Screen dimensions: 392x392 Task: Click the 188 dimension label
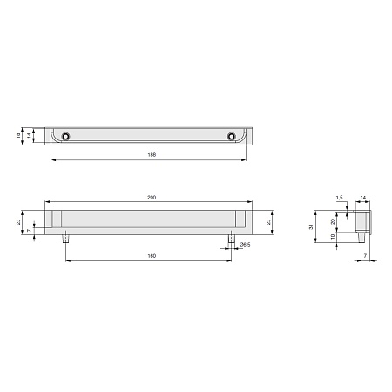pyautogui.click(x=152, y=155)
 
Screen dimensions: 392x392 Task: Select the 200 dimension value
pyautogui.click(x=152, y=198)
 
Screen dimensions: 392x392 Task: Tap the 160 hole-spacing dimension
pyautogui.click(x=152, y=256)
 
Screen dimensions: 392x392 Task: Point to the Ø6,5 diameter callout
pyautogui.click(x=245, y=245)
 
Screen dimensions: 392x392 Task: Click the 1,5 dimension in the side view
pyautogui.click(x=339, y=198)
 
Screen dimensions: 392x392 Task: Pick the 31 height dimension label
pyautogui.click(x=311, y=226)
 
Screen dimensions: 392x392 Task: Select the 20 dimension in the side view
pyautogui.click(x=333, y=221)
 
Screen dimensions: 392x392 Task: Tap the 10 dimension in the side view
pyautogui.click(x=333, y=237)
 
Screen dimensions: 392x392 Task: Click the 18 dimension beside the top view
pyautogui.click(x=18, y=135)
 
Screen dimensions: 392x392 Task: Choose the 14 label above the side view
pyautogui.click(x=363, y=198)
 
